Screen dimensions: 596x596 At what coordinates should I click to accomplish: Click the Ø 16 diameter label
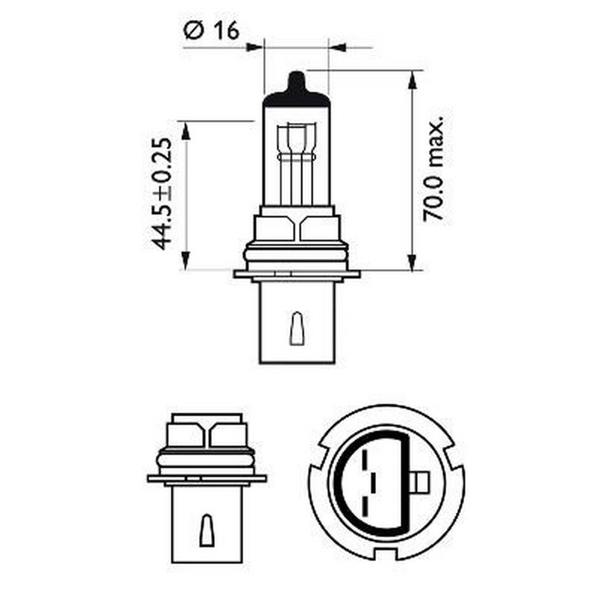click(212, 30)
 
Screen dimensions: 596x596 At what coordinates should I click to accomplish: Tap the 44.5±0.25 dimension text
click(161, 194)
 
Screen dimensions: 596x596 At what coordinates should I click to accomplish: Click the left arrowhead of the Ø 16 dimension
click(255, 46)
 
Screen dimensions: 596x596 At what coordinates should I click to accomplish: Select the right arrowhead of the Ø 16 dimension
click(337, 46)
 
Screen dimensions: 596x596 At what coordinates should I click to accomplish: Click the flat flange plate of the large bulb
click(296, 274)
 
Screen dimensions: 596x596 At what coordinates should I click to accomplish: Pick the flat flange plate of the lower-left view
click(206, 478)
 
